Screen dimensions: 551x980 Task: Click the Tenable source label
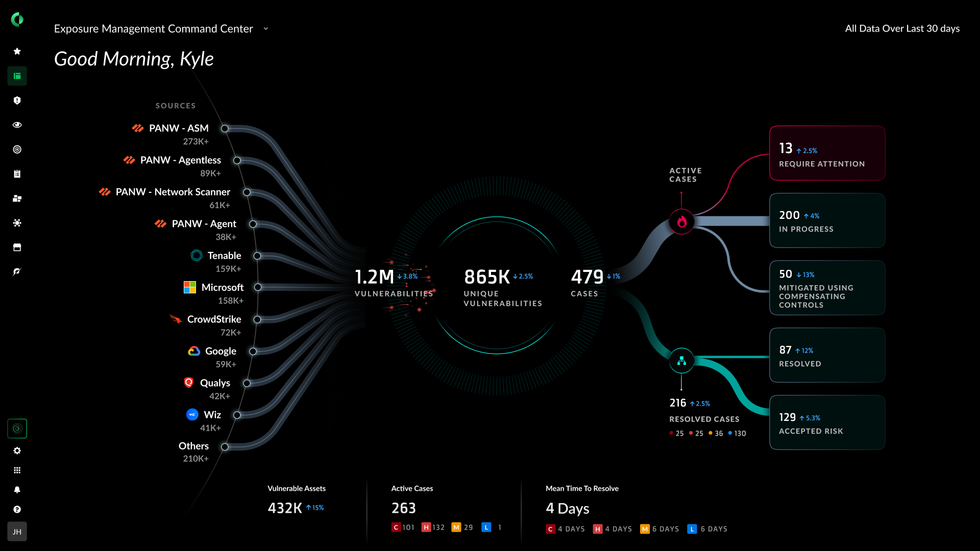click(x=224, y=256)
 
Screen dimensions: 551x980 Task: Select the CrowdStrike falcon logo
click(x=176, y=319)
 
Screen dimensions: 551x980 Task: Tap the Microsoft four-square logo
click(x=190, y=287)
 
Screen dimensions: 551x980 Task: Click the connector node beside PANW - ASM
click(x=225, y=129)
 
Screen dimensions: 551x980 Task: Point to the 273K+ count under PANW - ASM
click(x=196, y=141)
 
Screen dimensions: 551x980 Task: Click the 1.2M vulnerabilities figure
click(x=374, y=277)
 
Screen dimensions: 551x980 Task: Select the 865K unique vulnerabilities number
click(x=487, y=277)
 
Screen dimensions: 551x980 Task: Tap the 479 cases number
click(x=587, y=277)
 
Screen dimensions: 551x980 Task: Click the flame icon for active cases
click(x=681, y=222)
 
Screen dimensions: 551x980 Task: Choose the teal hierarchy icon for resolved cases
click(x=681, y=361)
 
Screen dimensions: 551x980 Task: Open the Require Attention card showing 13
click(x=827, y=153)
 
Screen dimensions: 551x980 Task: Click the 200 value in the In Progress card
click(x=789, y=215)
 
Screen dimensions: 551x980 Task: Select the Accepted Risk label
click(x=811, y=431)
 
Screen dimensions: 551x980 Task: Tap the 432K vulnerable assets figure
click(x=285, y=508)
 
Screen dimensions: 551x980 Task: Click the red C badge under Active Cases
click(x=396, y=528)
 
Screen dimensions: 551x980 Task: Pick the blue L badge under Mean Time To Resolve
click(x=692, y=529)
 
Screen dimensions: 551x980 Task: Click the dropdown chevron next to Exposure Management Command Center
click(x=265, y=29)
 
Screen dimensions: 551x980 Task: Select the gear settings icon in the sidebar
click(x=17, y=450)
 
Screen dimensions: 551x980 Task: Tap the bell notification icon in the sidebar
click(x=17, y=490)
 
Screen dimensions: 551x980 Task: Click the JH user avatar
click(x=17, y=532)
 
